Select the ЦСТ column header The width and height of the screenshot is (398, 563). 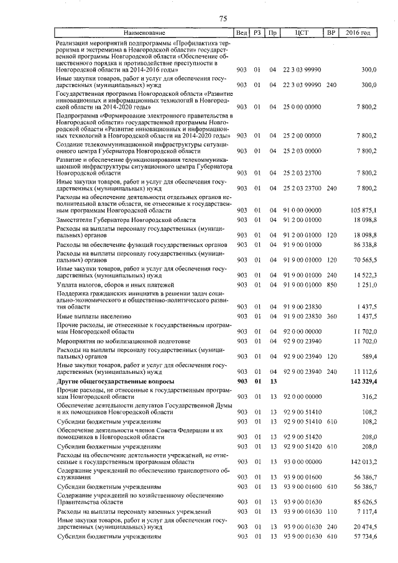pyautogui.click(x=302, y=32)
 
